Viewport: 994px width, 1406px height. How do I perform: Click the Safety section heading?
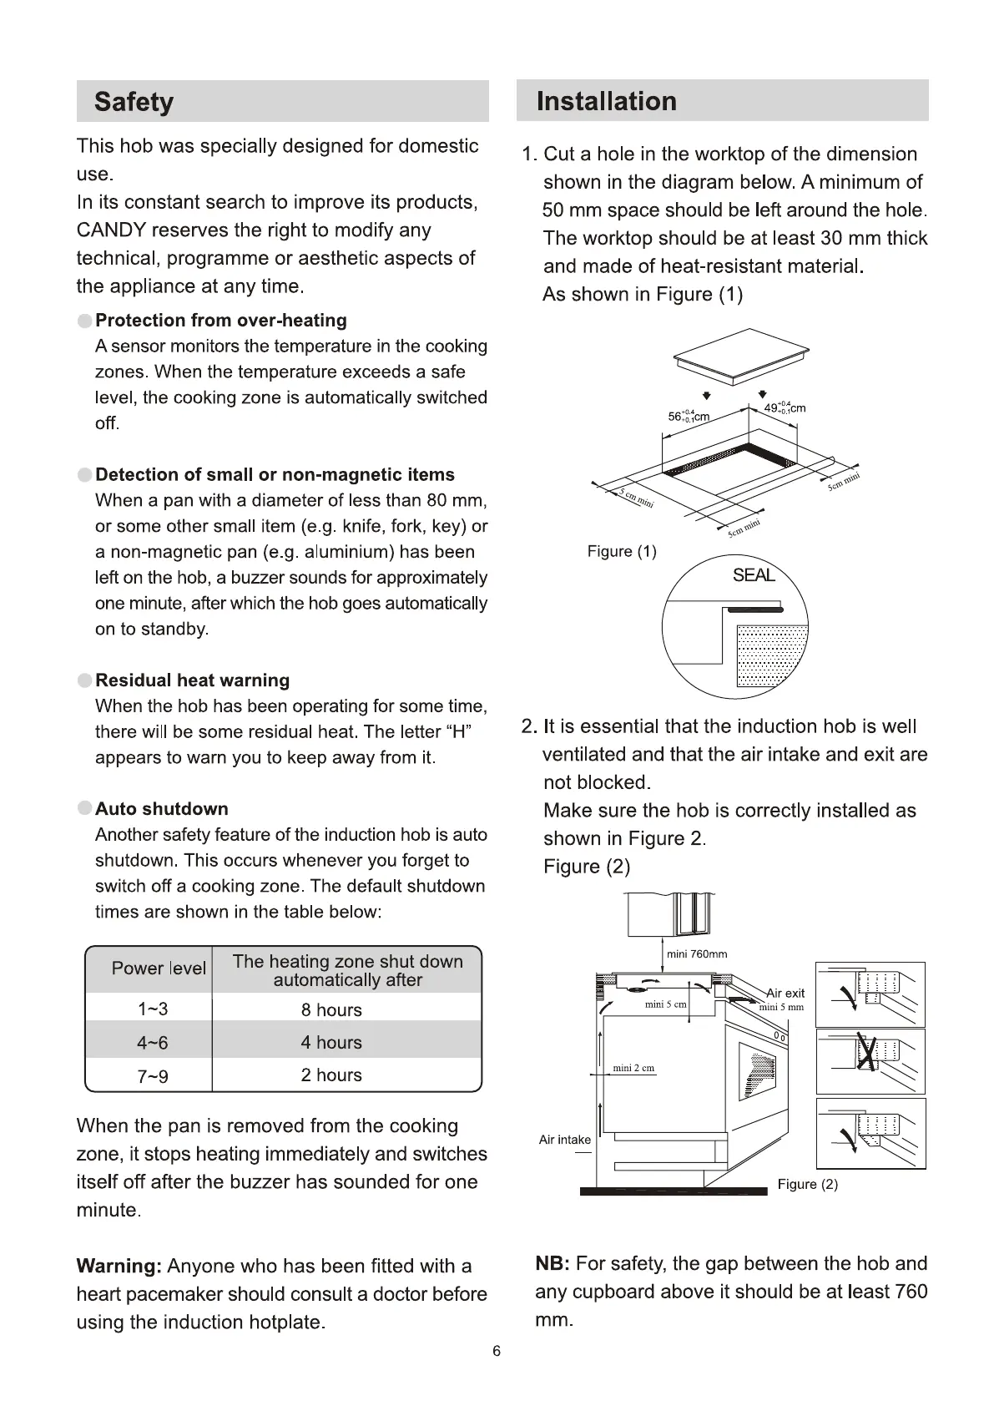134,102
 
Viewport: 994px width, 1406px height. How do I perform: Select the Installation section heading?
606,101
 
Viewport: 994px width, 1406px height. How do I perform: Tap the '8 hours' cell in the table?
331,1009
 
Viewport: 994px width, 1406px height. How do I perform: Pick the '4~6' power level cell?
152,1043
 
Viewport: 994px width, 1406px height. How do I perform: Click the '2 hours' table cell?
331,1075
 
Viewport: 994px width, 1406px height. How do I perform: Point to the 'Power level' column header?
159,969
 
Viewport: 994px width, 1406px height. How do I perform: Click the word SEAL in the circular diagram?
754,575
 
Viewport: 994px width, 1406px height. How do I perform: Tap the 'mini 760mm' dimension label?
697,954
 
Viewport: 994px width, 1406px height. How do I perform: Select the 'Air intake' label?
564,1140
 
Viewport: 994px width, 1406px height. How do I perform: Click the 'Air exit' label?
785,993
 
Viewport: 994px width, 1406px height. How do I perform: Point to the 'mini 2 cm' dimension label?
633,1068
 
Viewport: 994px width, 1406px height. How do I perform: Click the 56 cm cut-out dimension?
689,416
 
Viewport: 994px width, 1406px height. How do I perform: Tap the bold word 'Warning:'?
119,1267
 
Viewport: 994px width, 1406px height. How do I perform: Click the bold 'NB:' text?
553,1264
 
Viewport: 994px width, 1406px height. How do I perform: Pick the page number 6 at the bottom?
497,1352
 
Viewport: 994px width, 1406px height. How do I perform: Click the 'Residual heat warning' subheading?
192,680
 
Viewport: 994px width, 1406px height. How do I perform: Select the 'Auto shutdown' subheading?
161,809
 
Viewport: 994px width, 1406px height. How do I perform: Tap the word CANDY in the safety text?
111,230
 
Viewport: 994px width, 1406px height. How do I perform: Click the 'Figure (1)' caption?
622,552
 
